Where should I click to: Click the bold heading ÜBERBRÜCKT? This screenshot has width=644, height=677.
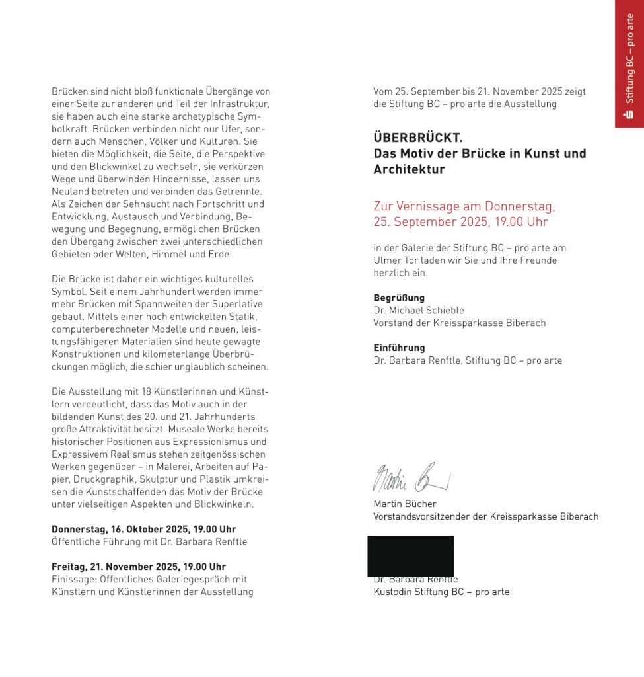pos(418,138)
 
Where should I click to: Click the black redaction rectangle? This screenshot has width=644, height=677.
pos(411,555)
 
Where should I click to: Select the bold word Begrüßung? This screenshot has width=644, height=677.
pos(399,298)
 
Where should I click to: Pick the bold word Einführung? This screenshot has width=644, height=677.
pos(399,348)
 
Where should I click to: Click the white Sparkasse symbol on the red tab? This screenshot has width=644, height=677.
pos(629,114)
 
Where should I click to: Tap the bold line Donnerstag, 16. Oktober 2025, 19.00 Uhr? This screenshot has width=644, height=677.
pos(143,529)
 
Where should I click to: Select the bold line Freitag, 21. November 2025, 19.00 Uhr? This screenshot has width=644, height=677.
pos(139,567)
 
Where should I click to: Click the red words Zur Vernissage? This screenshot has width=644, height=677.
pos(418,206)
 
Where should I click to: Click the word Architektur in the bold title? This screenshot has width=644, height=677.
pos(409,169)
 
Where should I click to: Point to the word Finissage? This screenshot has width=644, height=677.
pos(73,579)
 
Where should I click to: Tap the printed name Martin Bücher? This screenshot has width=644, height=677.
pos(405,504)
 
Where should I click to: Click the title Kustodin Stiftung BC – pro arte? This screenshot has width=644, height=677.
pos(441,592)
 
